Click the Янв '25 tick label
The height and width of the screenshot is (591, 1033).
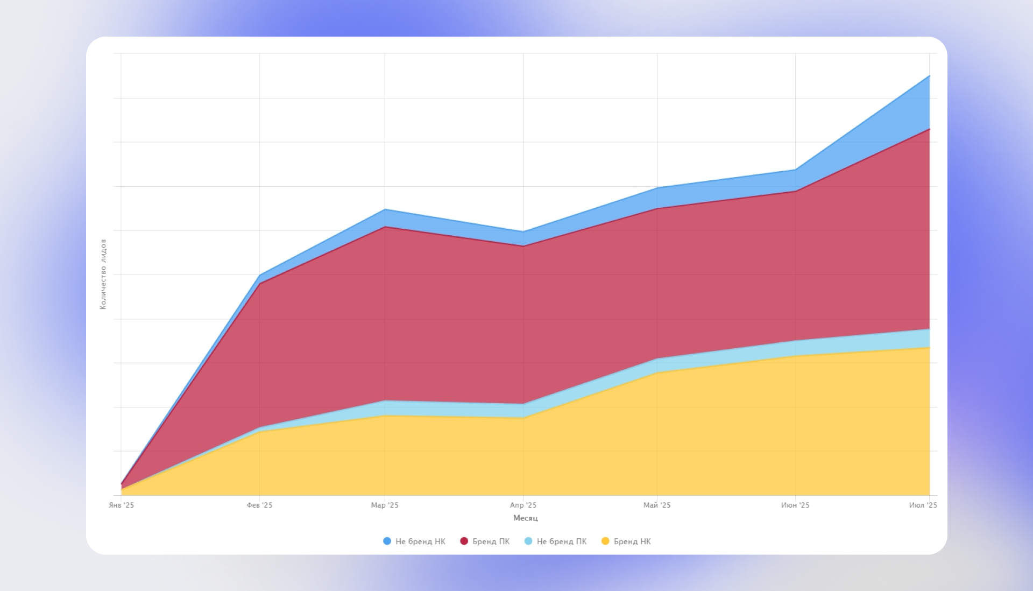121,505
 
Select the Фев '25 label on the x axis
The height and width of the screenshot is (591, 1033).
259,505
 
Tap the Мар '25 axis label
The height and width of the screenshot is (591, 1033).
385,505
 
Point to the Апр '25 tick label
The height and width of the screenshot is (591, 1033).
523,505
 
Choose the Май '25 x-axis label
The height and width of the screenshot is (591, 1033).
657,505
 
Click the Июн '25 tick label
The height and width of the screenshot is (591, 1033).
795,505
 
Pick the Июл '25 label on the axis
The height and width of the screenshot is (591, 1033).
923,505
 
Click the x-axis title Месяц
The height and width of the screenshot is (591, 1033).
526,518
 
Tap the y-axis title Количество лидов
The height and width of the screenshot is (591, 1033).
103,275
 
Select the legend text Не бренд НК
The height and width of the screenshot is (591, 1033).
420,541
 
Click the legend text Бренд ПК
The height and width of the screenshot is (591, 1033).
491,541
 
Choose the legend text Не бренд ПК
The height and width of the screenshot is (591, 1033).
562,541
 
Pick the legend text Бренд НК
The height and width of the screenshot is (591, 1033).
632,541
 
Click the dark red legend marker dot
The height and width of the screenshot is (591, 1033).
464,541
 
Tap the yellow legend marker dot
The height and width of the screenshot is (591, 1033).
605,541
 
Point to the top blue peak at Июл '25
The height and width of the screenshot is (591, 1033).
929,76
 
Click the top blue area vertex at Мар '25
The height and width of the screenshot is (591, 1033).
385,209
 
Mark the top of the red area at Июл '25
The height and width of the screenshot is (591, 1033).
929,129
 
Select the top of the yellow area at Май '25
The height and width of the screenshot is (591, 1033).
657,372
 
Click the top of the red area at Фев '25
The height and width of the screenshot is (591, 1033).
259,283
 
